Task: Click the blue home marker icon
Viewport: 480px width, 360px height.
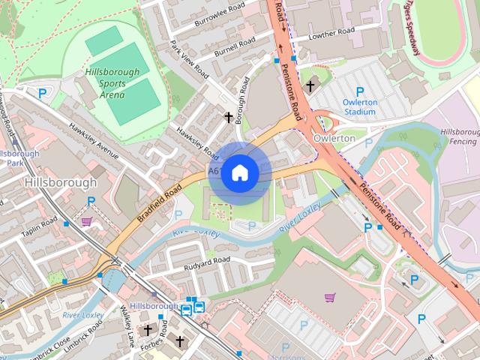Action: pos(239,172)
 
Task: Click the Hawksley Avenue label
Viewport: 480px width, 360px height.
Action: pos(94,140)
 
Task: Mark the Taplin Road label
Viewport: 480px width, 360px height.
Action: pos(39,228)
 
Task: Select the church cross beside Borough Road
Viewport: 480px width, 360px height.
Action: pos(229,117)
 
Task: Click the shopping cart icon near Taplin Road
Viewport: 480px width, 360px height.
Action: pos(87,221)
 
